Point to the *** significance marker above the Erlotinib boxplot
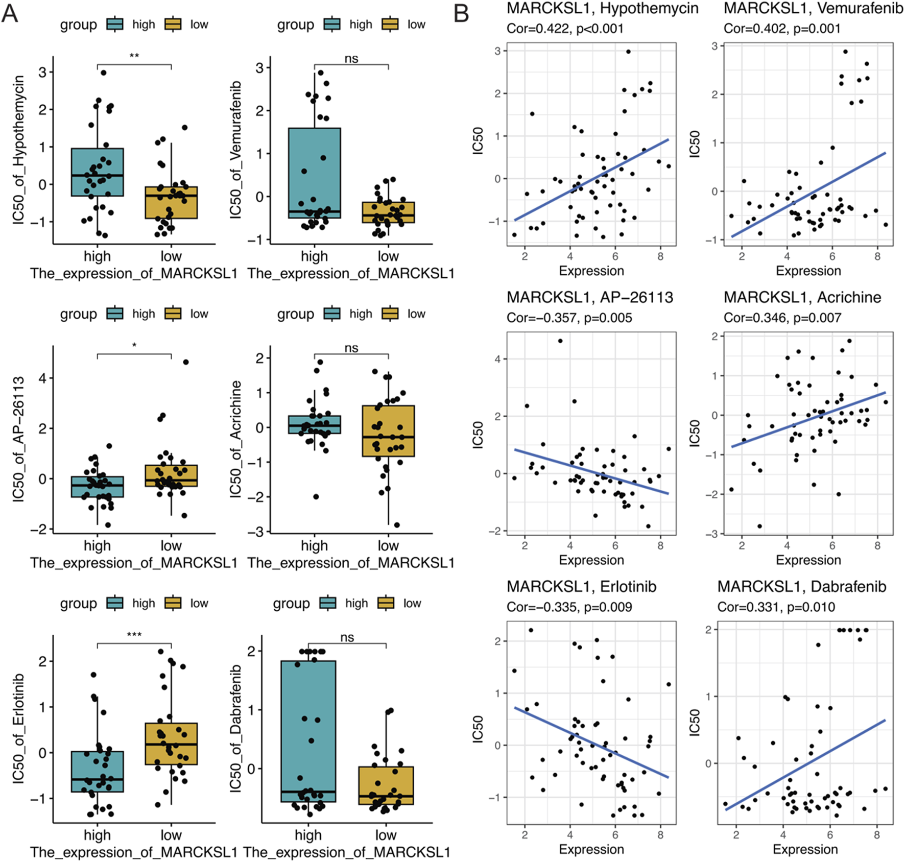pyautogui.click(x=134, y=635)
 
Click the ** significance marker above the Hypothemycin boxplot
pyautogui.click(x=134, y=56)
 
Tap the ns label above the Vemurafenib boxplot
pyautogui.click(x=351, y=59)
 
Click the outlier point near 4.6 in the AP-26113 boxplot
pyautogui.click(x=186, y=362)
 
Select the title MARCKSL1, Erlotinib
pyautogui.click(x=581, y=586)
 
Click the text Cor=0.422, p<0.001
pyautogui.click(x=565, y=28)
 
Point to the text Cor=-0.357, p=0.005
pyautogui.click(x=569, y=318)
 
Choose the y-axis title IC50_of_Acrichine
pyautogui.click(x=235, y=439)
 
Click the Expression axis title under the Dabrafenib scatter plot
pyautogui.click(x=805, y=849)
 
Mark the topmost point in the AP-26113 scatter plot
pyautogui.click(x=560, y=341)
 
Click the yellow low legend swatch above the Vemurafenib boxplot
pyautogui.click(x=390, y=25)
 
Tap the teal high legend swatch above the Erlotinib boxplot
pyautogui.click(x=115, y=603)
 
